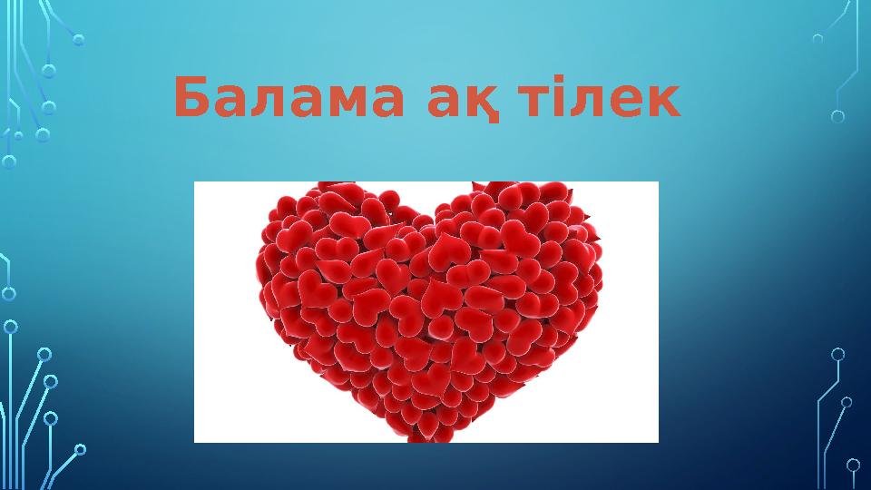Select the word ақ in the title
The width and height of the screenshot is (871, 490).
click(x=462, y=103)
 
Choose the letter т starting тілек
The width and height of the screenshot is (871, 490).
click(x=529, y=104)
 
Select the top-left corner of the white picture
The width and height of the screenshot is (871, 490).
click(x=195, y=182)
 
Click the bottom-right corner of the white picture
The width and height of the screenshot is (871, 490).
click(x=658, y=442)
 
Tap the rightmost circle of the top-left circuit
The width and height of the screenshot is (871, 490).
click(x=79, y=40)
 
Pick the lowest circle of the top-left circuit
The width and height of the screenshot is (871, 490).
click(x=9, y=162)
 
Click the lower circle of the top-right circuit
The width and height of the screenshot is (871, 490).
click(x=837, y=116)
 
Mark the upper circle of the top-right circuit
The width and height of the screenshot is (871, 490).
click(x=817, y=39)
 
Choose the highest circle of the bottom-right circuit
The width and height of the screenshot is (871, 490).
click(x=837, y=354)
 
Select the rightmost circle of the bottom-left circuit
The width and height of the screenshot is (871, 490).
click(x=80, y=448)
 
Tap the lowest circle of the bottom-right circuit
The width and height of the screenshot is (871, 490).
click(x=853, y=465)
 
